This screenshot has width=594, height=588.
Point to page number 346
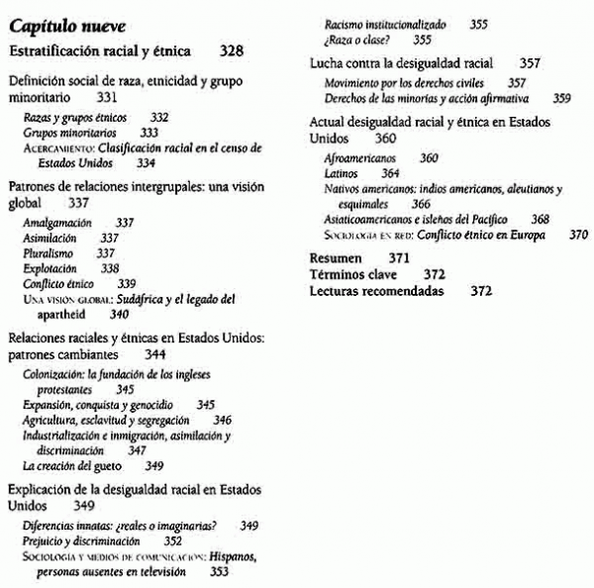(x=223, y=420)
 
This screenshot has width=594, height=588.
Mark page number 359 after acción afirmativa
(x=561, y=98)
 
